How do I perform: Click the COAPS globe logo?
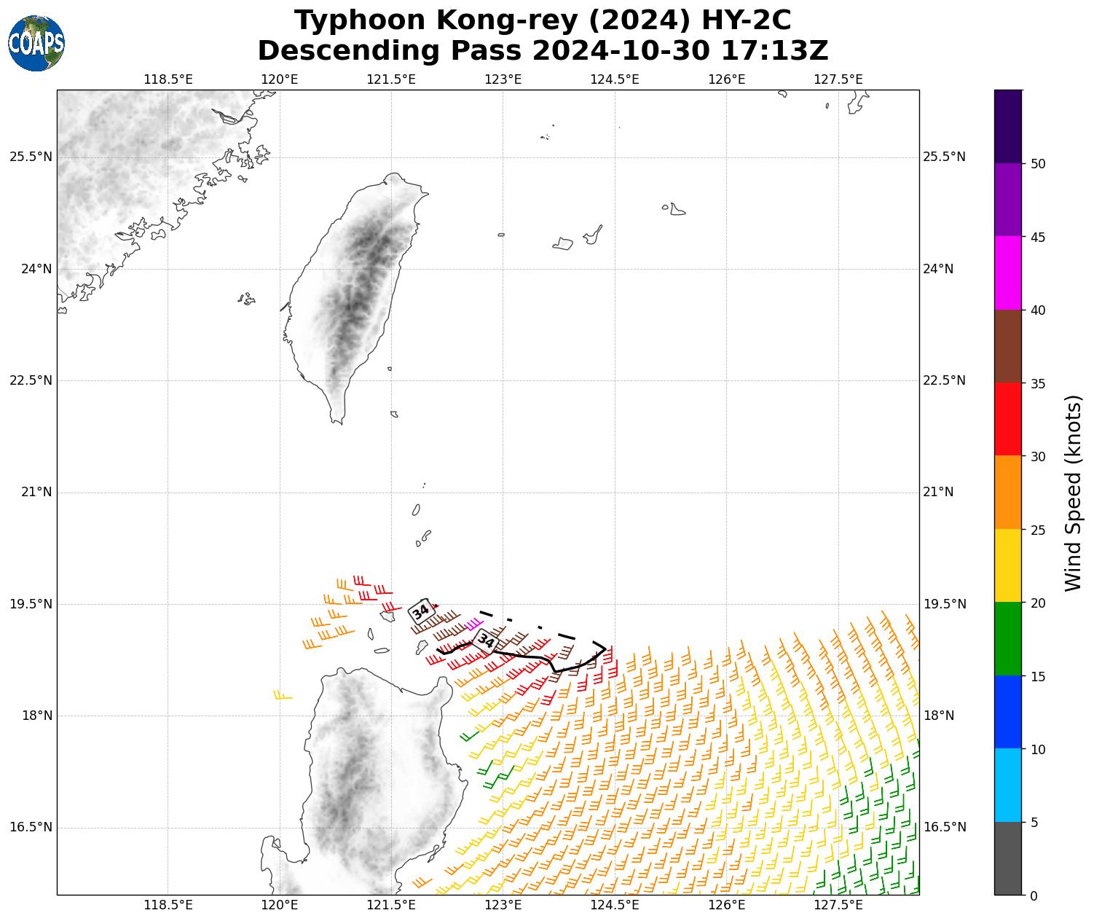click(x=36, y=44)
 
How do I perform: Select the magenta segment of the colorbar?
click(x=1008, y=273)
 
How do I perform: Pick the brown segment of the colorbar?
click(x=1008, y=346)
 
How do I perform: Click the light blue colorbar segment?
click(x=1008, y=785)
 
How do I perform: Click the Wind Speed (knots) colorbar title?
click(x=1072, y=493)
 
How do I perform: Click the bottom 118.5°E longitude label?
click(x=168, y=906)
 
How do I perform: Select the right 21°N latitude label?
click(x=938, y=493)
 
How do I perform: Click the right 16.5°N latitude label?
click(x=944, y=828)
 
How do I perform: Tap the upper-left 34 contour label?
click(x=420, y=611)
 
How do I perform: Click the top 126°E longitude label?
click(x=726, y=79)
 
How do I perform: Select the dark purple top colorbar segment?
click(x=1008, y=126)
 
